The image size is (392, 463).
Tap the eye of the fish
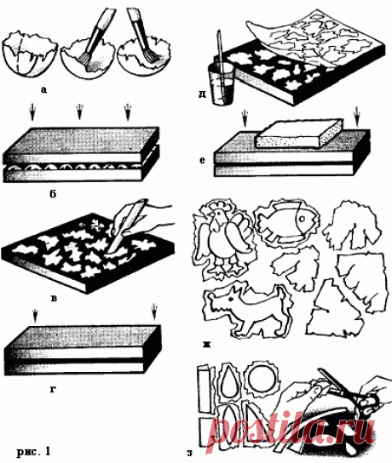(x=303, y=219)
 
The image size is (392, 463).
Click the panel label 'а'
(x=43, y=89)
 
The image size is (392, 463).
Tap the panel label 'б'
(x=53, y=194)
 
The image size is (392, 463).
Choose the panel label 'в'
(x=54, y=298)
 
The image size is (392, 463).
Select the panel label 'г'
(x=53, y=390)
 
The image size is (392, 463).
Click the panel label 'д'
(x=202, y=94)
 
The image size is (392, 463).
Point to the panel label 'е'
(x=202, y=160)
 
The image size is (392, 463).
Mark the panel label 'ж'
(x=206, y=345)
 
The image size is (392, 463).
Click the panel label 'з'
(x=189, y=453)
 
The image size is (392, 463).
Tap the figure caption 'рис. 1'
(x=33, y=451)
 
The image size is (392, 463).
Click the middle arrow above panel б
(x=79, y=111)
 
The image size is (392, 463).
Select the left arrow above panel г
(x=35, y=316)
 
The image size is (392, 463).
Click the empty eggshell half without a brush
(x=29, y=55)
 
